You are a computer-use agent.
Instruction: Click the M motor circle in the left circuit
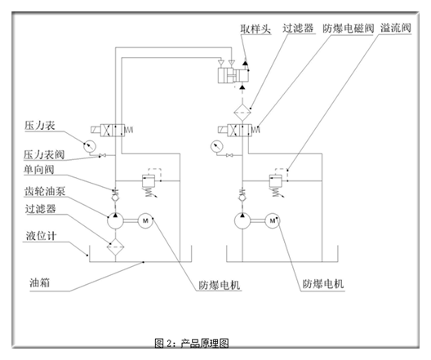(145, 220)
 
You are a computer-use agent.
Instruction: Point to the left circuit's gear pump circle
(116, 220)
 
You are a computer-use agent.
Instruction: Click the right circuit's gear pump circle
(242, 220)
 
